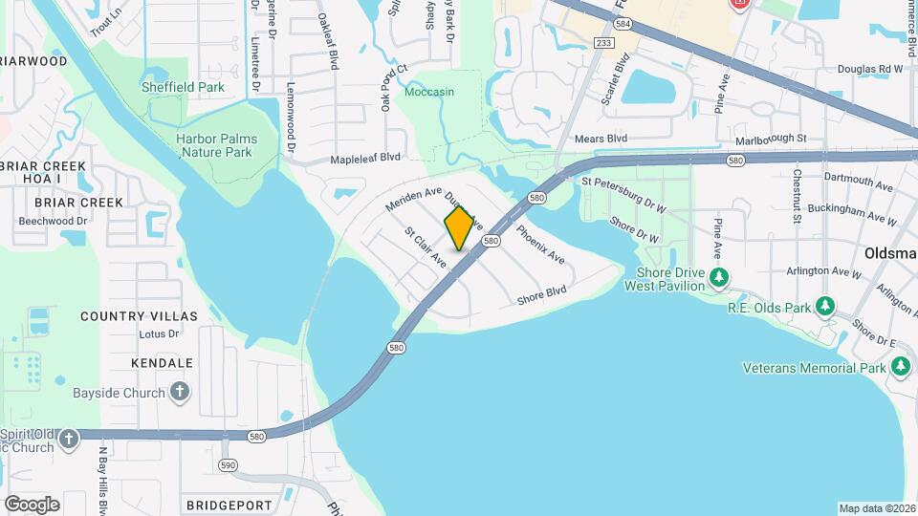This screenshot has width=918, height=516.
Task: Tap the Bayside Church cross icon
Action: [179, 393]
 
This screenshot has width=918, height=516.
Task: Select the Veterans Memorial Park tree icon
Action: [900, 368]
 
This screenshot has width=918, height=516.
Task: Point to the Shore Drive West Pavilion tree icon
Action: [719, 278]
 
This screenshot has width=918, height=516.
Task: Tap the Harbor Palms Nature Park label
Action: [216, 145]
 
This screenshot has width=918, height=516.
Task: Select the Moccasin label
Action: [428, 92]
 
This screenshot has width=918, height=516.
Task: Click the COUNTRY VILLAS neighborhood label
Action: [139, 316]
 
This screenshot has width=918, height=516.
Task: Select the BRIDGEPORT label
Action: [229, 505]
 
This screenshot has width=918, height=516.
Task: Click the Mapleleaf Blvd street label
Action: [365, 158]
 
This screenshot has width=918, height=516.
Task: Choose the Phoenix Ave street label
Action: [540, 244]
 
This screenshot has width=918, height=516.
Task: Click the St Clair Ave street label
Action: [426, 247]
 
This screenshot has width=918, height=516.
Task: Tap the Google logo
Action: [32, 504]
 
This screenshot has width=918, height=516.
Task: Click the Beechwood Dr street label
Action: [54, 221]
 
